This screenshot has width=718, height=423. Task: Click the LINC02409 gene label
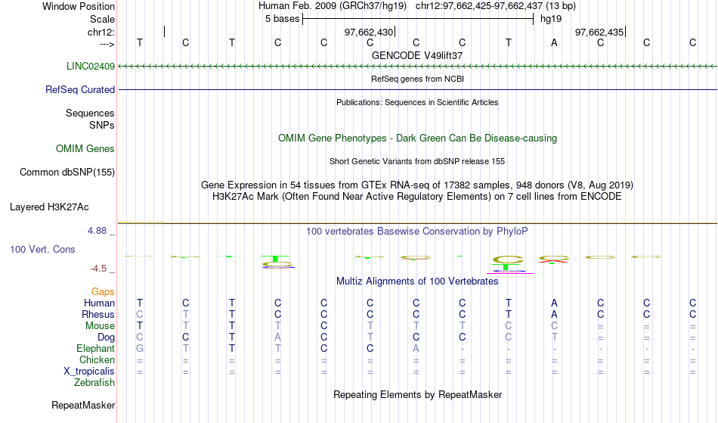coord(91,67)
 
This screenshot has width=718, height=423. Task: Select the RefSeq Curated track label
coord(80,90)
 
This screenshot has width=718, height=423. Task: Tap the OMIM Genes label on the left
coord(85,149)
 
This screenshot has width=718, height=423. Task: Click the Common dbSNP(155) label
coord(67,173)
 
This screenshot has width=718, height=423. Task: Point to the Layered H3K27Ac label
coord(49,207)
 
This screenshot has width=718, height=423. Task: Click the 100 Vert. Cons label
coord(42,250)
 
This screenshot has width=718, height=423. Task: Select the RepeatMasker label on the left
coord(83,406)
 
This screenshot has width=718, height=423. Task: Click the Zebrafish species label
coord(94,383)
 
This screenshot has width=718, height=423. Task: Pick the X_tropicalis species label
coord(89,372)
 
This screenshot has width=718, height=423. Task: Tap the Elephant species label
coord(96,349)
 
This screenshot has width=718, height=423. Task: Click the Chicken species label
coord(97,360)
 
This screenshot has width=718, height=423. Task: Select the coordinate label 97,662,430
coord(369,33)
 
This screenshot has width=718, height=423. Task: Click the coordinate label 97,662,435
coord(599,33)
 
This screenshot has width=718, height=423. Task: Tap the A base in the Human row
coord(554,303)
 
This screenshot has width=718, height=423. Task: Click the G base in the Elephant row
coord(140,349)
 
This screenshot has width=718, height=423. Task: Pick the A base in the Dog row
coord(277,337)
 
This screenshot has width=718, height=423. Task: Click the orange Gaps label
coord(103,292)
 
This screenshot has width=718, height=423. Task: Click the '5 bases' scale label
coord(282,19)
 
